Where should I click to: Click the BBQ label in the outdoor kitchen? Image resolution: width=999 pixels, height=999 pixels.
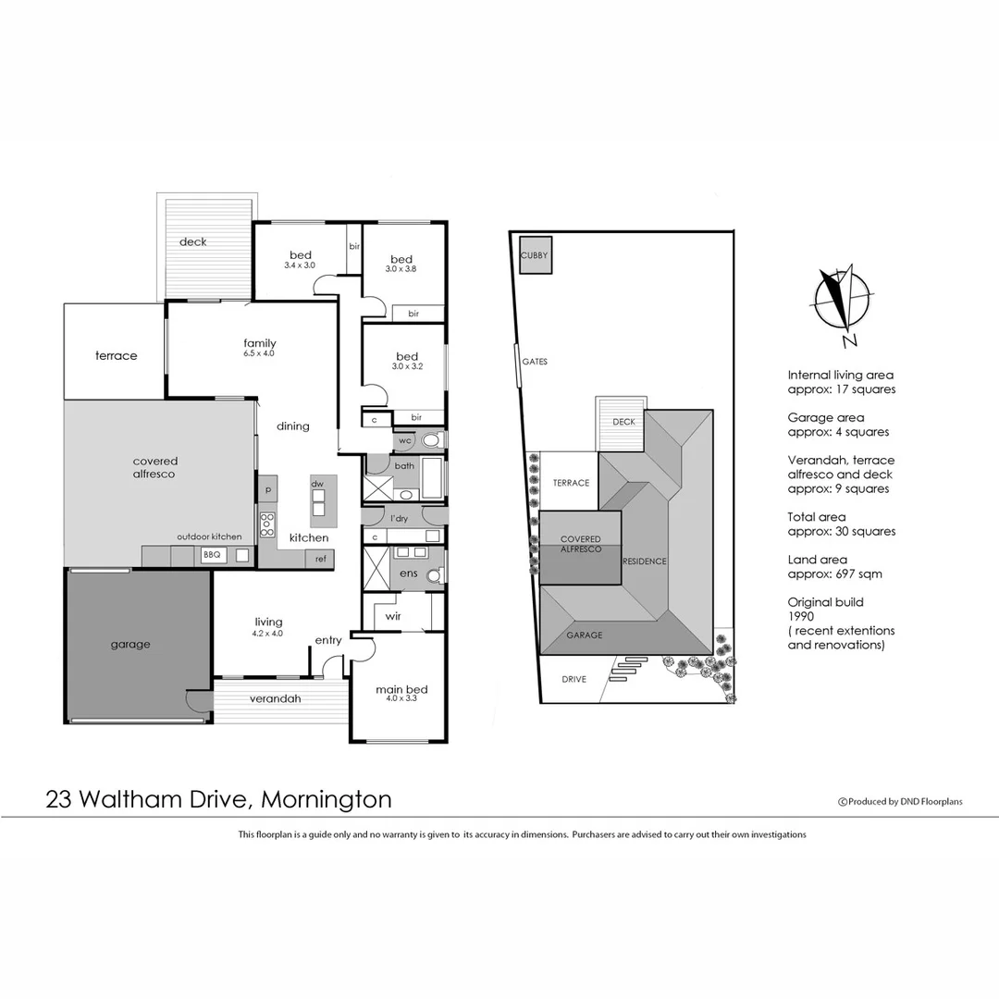coord(212,555)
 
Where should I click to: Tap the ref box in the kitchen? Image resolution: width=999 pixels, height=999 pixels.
coord(321,559)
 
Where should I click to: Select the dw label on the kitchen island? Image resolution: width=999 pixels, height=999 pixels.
coord(316,484)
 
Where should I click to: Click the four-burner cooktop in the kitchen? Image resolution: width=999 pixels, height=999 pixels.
coord(267,524)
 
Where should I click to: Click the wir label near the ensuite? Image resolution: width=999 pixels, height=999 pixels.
coord(393,615)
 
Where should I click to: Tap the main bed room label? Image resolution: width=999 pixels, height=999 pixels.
coord(401,689)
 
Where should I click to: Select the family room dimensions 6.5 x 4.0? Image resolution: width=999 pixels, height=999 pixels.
coord(259,353)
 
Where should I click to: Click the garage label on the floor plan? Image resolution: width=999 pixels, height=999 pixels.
coord(129,645)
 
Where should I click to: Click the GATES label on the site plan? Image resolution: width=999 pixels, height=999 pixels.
coord(535,362)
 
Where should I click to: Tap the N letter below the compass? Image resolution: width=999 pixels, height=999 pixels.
coord(850,340)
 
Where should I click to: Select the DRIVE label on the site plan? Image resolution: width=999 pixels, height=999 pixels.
coord(574,679)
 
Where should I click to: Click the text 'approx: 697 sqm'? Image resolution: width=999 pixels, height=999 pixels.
coord(834,573)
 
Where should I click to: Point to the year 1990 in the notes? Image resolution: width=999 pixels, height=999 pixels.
coord(801,616)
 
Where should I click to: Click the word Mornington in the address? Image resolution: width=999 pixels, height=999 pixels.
coord(327,799)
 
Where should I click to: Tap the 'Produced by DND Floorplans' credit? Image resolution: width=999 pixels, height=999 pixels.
coord(900,802)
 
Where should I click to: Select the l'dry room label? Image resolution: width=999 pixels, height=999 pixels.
coord(399,518)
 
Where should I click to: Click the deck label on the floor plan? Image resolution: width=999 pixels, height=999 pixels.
coord(193,242)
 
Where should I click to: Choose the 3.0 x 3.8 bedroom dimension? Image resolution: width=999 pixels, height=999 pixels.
coord(401,269)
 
